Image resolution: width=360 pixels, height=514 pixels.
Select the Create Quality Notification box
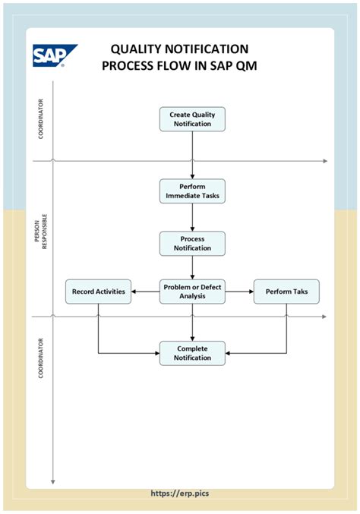tap(192, 119)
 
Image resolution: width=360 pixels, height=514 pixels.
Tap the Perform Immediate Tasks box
tap(192, 191)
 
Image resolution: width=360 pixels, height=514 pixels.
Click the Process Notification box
tap(192, 243)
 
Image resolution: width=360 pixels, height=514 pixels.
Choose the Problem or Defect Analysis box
tap(192, 292)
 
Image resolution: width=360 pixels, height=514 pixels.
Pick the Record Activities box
tap(99, 292)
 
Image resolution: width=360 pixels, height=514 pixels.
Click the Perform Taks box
tap(286, 292)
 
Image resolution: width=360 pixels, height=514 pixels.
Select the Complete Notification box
tap(192, 353)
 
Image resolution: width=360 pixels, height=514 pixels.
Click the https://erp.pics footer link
tap(180, 493)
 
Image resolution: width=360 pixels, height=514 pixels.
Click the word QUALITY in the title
tap(140, 49)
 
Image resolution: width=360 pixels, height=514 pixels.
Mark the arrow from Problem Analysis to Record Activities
tap(145, 292)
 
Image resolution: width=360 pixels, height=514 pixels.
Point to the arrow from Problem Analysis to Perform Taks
tap(239, 292)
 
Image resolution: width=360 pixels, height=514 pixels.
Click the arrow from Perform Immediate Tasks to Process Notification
tap(192, 217)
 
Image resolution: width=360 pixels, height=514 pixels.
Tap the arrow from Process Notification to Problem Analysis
tap(192, 267)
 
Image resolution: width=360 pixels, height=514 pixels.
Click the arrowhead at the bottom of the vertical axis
tap(52, 481)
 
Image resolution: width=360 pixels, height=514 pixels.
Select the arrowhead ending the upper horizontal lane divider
tap(324, 161)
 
